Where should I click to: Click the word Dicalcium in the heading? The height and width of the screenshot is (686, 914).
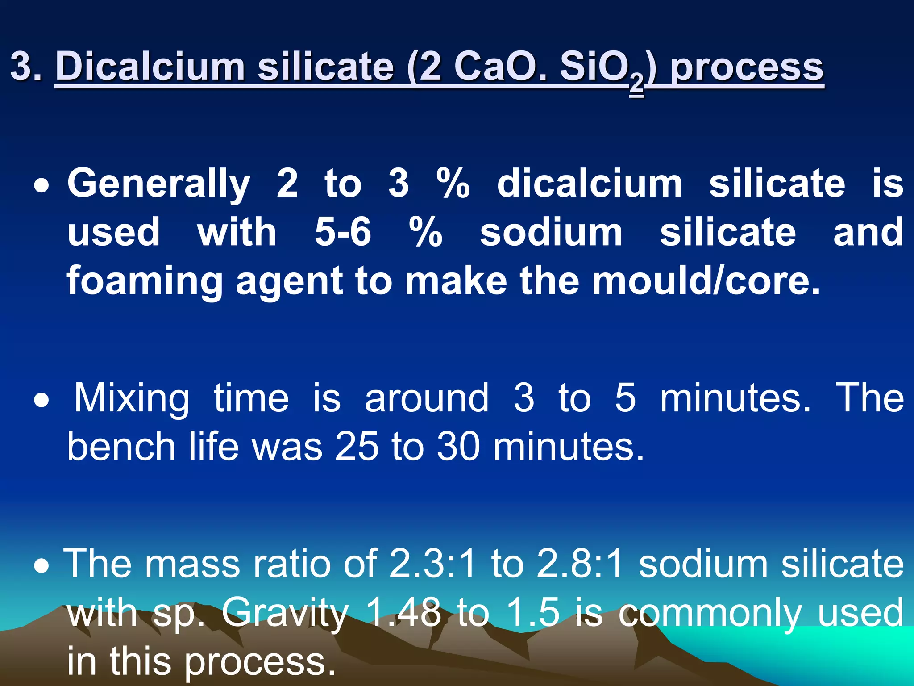[150, 67]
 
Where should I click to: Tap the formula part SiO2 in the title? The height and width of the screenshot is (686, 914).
[602, 69]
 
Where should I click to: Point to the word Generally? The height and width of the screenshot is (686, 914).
[159, 184]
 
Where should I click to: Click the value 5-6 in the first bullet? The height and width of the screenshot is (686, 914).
[343, 232]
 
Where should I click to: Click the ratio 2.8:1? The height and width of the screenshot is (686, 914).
[580, 564]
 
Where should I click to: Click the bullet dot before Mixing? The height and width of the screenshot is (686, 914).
[42, 400]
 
